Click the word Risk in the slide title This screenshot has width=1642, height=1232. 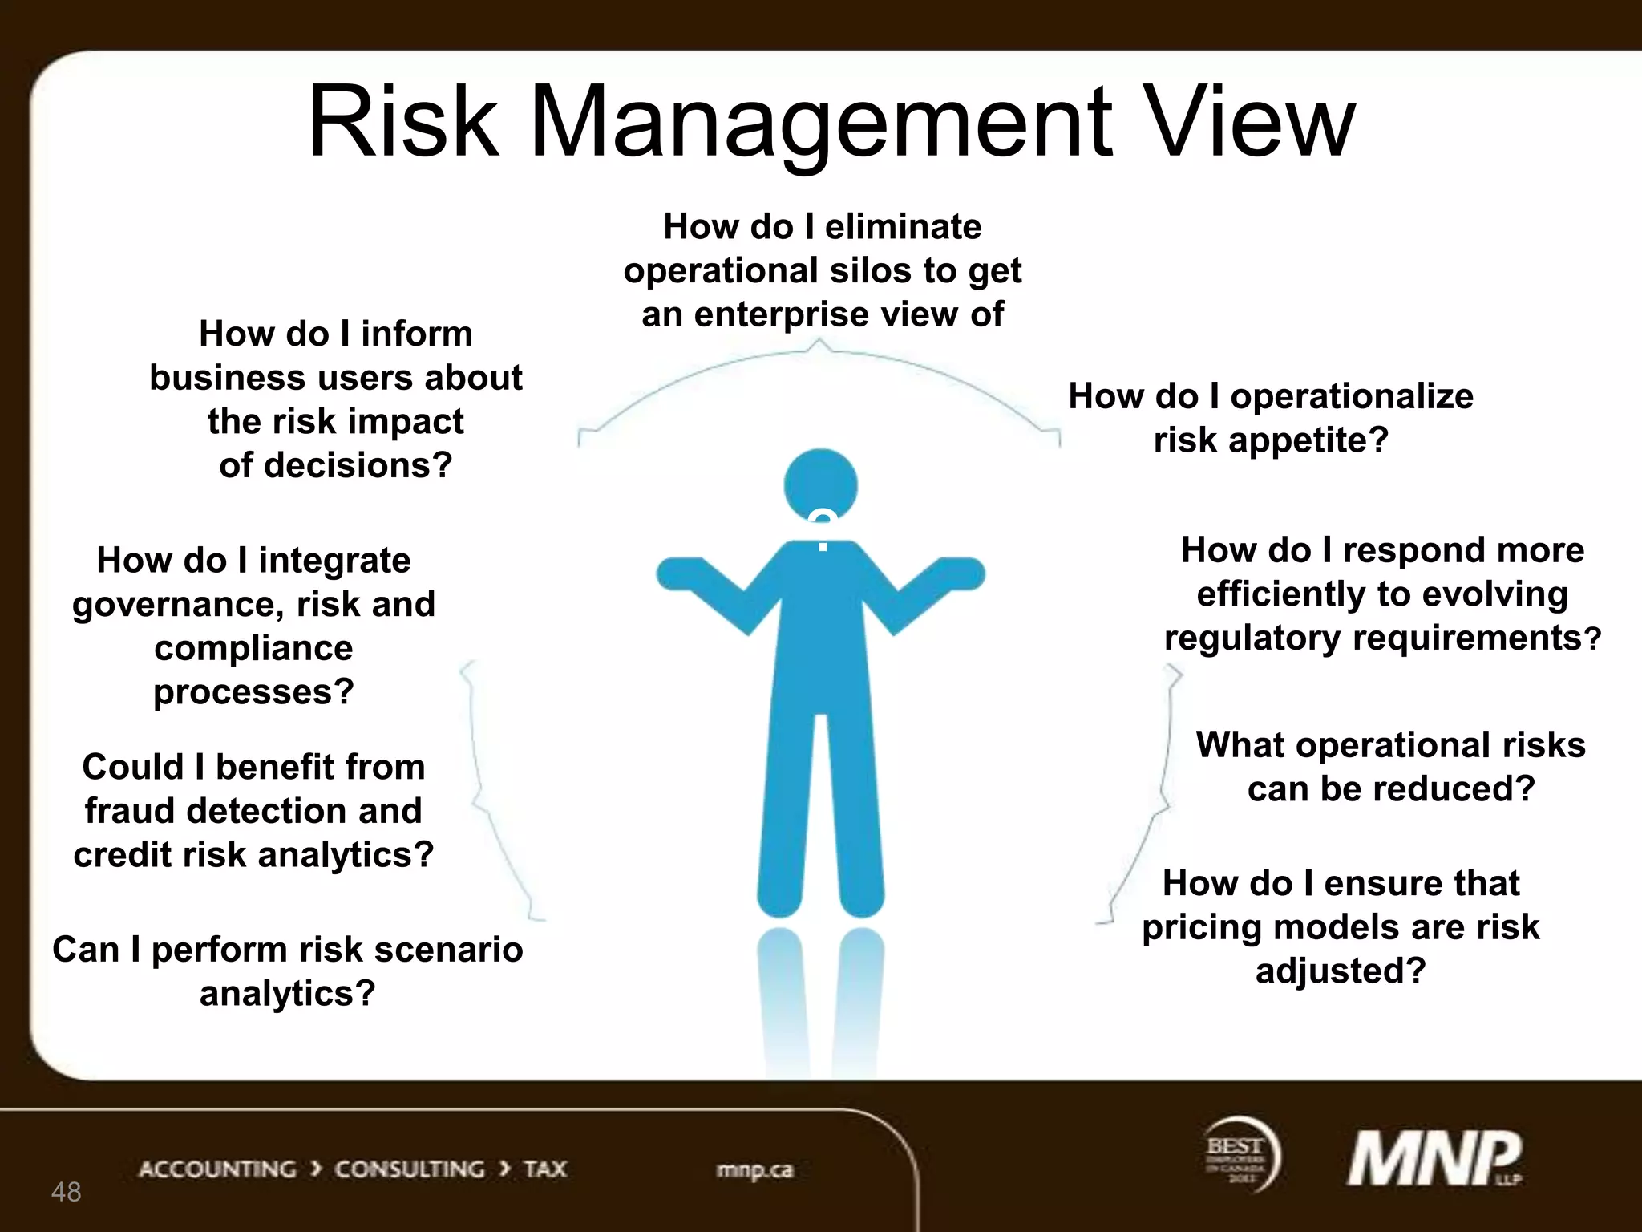tap(402, 122)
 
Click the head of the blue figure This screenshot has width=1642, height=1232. tap(820, 484)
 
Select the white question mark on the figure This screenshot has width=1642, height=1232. tap(823, 530)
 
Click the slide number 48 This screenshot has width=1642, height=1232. tap(66, 1192)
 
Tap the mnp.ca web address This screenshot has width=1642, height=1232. tap(754, 1170)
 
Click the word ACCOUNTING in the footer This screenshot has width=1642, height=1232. tap(217, 1169)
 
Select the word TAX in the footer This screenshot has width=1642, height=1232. tap(545, 1169)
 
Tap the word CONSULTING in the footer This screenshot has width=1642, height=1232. tap(410, 1169)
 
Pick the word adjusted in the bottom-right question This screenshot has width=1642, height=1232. tap(1341, 971)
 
